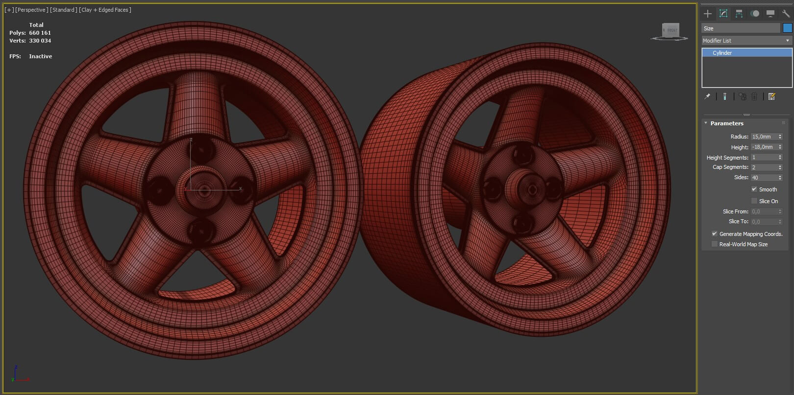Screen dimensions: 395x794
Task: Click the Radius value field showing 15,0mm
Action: pos(764,137)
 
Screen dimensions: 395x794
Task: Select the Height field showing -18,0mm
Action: pos(764,147)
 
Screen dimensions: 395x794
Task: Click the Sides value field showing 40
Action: pos(764,178)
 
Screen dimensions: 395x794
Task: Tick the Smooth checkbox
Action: pos(754,189)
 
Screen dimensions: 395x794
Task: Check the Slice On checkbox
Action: pos(754,201)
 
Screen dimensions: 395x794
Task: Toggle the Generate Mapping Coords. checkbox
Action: pos(715,234)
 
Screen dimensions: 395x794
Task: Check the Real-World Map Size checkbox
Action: pos(715,244)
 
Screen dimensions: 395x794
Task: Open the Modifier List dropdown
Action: pos(746,41)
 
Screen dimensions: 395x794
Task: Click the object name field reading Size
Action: pos(740,28)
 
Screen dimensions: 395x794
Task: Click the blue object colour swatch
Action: pos(787,28)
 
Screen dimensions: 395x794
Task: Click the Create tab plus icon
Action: pos(708,14)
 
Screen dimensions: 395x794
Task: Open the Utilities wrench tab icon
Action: pos(786,14)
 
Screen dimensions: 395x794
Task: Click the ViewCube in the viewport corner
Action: pos(670,30)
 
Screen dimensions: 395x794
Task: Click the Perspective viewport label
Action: pos(32,10)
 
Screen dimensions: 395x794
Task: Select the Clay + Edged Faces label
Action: pos(105,10)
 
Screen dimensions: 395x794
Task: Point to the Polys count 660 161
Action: pos(40,33)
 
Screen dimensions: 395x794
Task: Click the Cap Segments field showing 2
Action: pos(764,167)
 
